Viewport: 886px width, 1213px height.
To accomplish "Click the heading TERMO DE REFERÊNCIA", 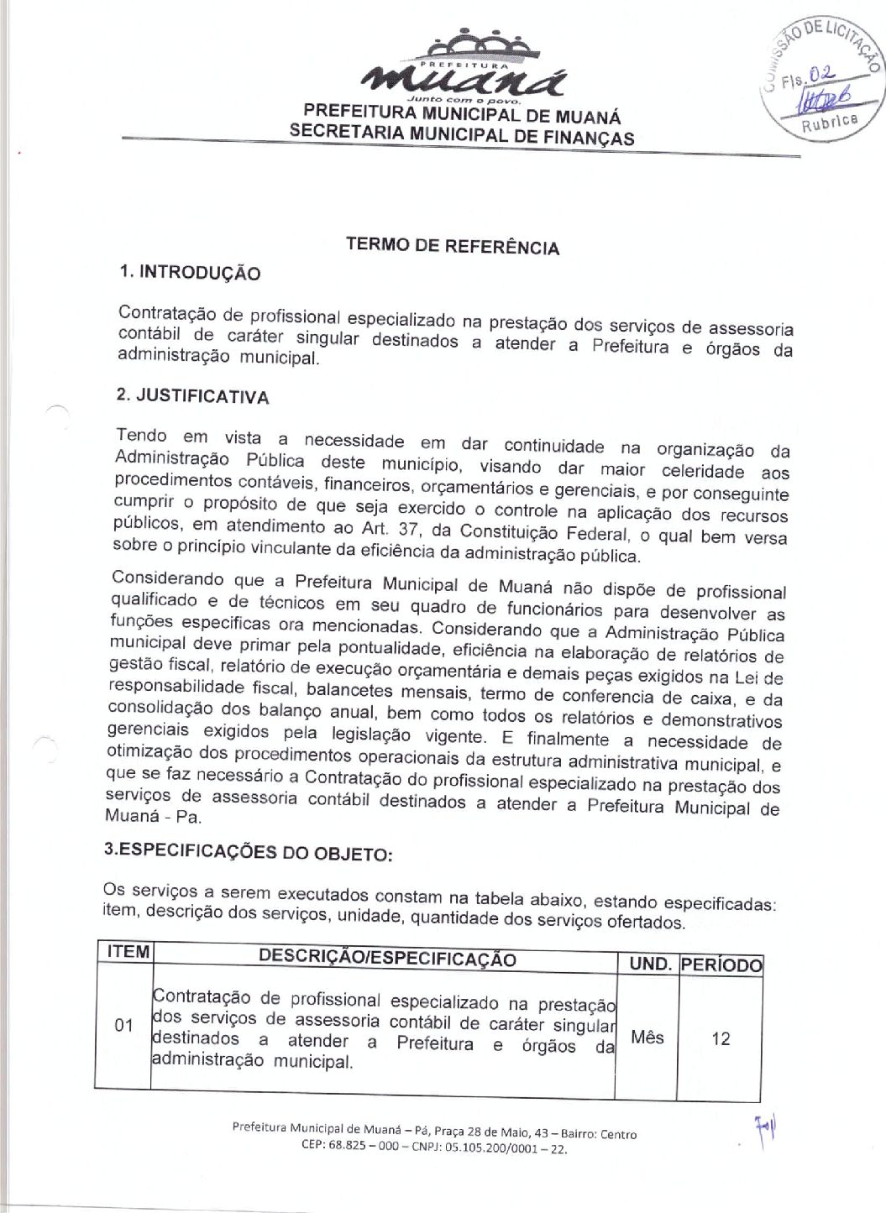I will pos(452,246).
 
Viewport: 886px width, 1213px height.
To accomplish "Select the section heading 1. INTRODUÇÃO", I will pos(190,273).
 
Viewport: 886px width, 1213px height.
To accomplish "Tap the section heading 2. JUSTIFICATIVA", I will pos(193,396).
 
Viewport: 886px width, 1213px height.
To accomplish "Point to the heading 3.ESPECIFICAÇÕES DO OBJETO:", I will pos(248,851).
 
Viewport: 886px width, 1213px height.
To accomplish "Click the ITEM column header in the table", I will pos(128,952).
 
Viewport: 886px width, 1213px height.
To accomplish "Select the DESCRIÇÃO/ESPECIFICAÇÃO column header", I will pos(387,959).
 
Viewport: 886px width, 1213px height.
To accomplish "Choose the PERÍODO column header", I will pos(721,965).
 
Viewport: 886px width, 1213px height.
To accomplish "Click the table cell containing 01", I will pos(124,1025).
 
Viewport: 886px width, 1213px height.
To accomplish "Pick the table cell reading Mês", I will pos(647,1038).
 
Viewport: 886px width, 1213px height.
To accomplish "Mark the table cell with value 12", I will pos(721,1039).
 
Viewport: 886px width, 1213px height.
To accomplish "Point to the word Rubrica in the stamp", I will pos(830,123).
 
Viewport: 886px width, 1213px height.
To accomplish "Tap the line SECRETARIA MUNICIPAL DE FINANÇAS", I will pos(462,134).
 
